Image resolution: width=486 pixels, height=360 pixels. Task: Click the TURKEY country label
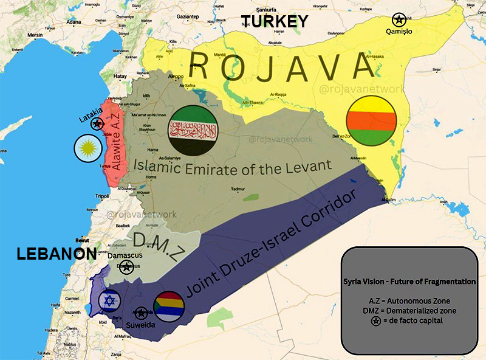point(274,22)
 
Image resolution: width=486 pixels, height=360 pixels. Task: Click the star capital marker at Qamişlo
point(398,19)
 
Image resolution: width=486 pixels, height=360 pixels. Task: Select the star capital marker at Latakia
point(97,124)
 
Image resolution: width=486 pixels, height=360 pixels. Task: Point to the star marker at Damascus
point(126,266)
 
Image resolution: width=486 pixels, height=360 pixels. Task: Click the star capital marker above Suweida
point(141,313)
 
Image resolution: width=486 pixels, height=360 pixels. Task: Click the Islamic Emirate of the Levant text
point(233,165)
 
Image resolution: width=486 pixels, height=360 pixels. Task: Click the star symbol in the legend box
point(377,321)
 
